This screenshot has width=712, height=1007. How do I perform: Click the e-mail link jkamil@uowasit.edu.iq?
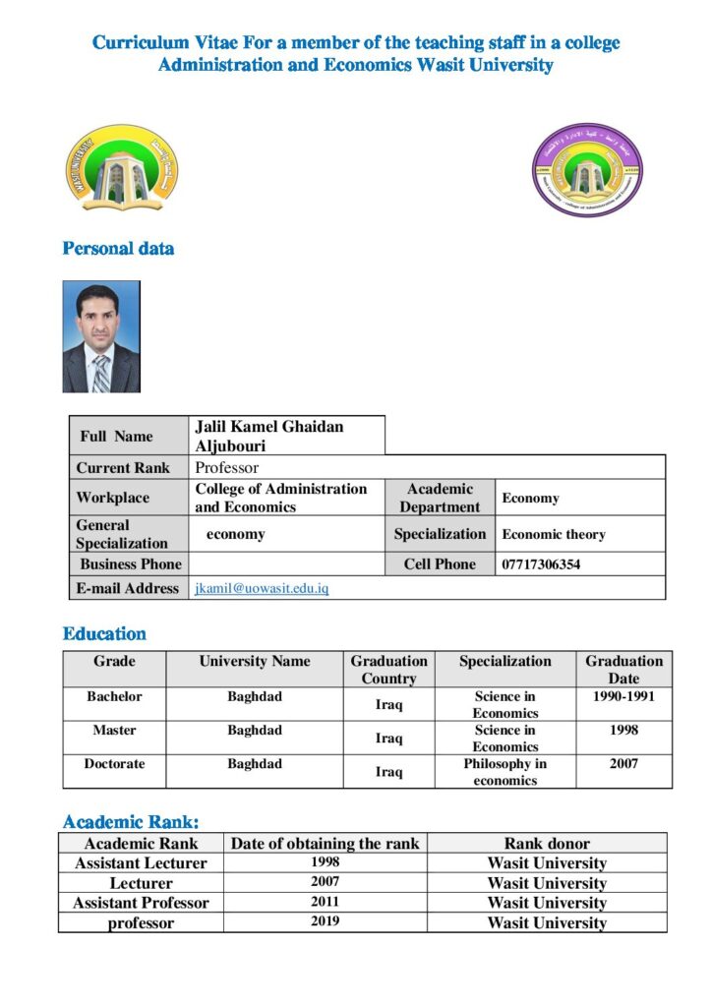point(262,588)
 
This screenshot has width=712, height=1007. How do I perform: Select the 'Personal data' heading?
point(118,249)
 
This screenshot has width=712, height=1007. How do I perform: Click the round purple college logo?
point(587,169)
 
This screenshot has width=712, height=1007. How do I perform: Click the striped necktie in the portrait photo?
point(100,373)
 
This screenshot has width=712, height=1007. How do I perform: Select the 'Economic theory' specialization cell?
point(554,535)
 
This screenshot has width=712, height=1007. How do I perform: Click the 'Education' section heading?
point(104,634)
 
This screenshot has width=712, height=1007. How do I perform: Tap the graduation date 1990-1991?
point(623,697)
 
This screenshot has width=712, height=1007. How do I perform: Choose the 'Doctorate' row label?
point(114,764)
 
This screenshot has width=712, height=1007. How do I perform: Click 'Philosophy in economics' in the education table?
point(505,772)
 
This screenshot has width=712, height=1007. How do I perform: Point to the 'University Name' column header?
point(255,662)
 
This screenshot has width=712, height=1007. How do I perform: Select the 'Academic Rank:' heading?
point(131,822)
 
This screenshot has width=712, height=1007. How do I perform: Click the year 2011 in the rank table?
point(325,902)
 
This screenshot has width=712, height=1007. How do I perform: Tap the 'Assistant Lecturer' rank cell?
point(141,863)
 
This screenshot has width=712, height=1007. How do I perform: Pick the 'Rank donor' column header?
point(547,844)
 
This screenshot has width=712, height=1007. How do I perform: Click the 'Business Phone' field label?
point(131,564)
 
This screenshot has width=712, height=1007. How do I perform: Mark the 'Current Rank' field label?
point(123,468)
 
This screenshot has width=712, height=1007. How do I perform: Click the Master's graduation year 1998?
point(623,731)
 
